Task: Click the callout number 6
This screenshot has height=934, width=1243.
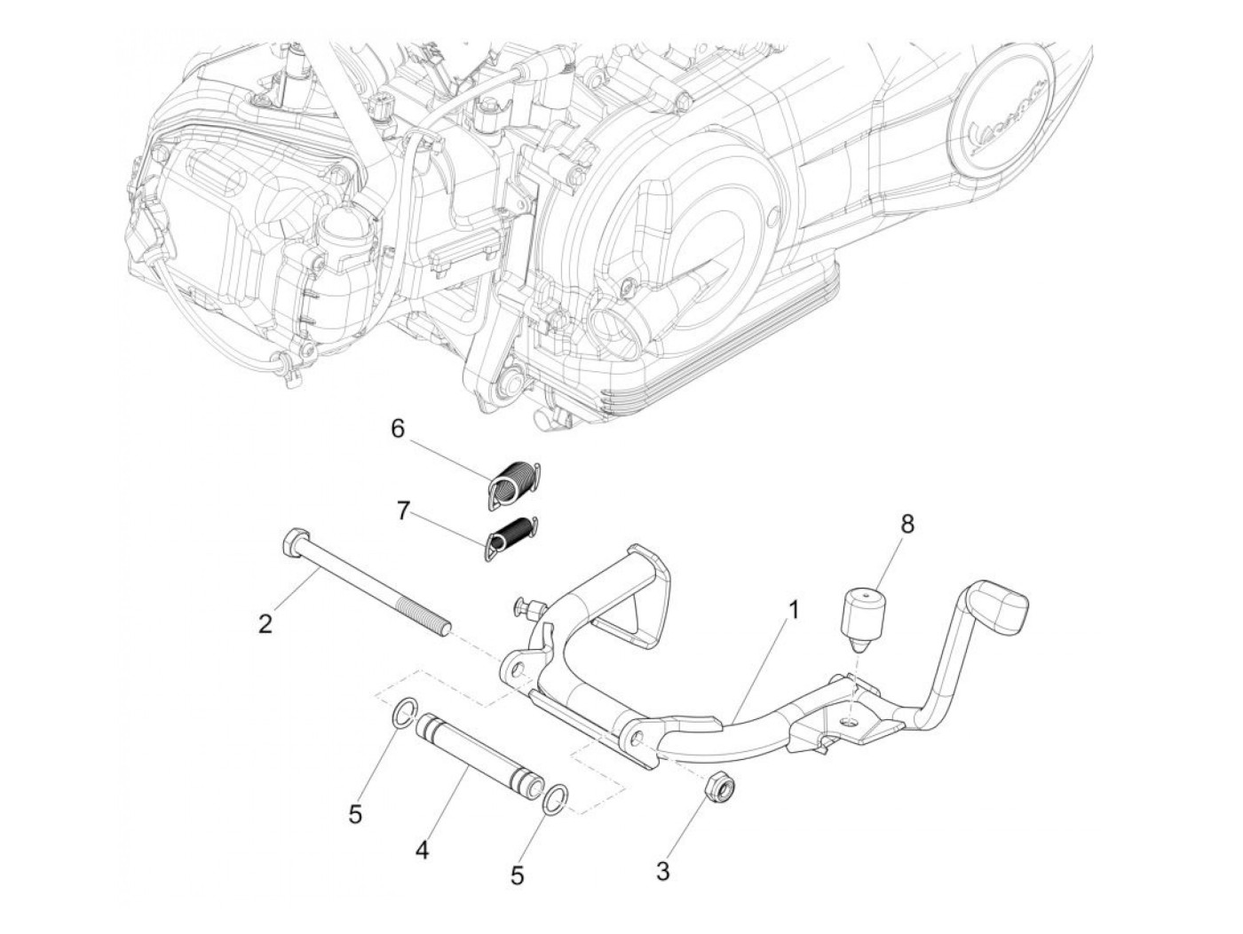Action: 398,429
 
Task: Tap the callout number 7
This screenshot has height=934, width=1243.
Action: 403,512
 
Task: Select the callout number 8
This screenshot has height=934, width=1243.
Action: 907,523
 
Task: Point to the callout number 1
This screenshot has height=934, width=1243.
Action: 794,609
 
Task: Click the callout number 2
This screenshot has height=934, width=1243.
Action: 265,624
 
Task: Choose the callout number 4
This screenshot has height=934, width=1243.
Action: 422,851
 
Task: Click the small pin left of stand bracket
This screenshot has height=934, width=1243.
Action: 524,608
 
